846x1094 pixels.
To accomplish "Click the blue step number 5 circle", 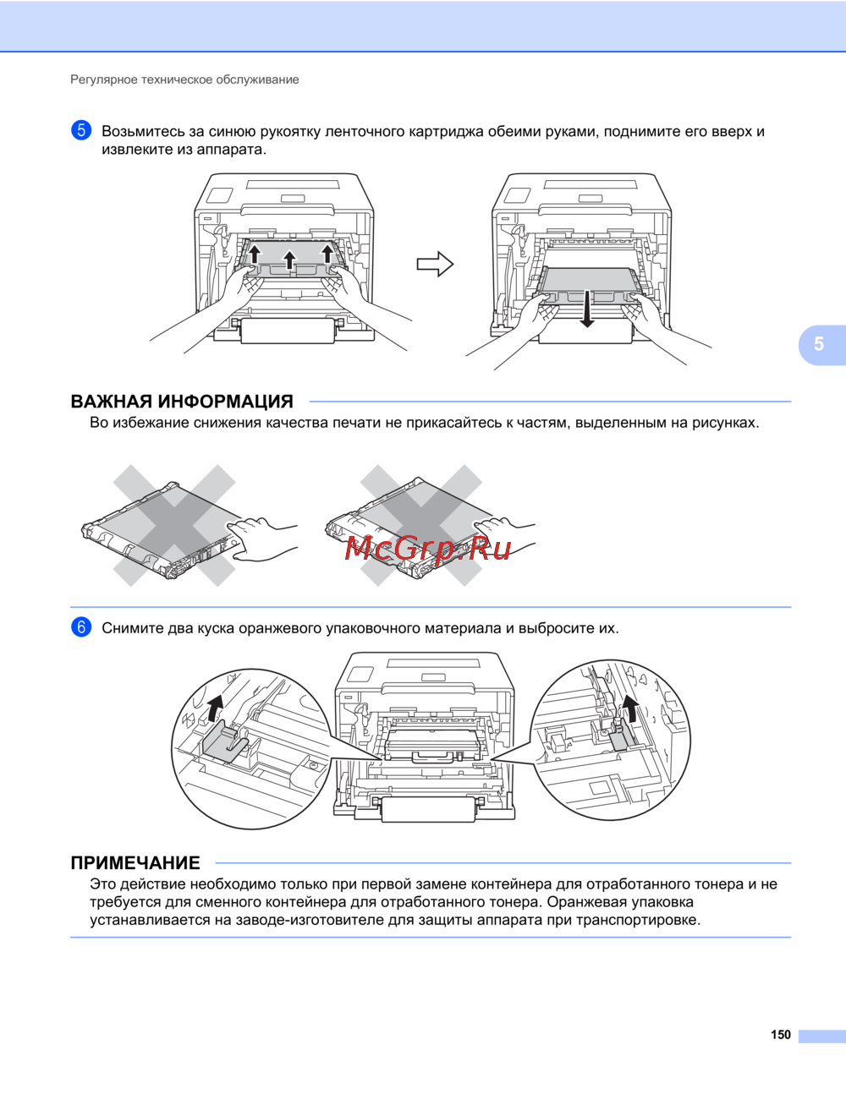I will coord(81,131).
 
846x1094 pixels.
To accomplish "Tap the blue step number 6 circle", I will coord(81,627).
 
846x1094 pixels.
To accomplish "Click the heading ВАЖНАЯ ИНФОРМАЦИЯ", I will coord(182,402).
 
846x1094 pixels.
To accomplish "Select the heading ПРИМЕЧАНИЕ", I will coord(135,863).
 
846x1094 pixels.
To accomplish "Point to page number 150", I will coord(780,1035).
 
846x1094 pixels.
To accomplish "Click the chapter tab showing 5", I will coord(819,344).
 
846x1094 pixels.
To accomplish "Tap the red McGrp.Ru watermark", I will coord(428,550).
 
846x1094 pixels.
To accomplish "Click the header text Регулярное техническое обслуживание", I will coord(184,79).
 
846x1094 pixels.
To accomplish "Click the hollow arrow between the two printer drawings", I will coord(435,265).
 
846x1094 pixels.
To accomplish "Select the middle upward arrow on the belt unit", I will coord(289,260).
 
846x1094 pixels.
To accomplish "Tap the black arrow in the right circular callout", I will coord(629,710).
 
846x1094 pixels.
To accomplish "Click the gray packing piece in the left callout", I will coord(225,742).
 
